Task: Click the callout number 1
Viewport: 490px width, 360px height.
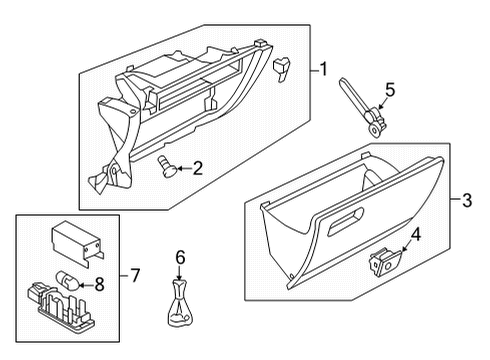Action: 323,69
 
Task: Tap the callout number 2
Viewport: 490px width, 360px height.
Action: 198,168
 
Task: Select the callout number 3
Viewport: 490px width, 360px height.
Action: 467,200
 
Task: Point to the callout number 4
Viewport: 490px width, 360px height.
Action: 416,234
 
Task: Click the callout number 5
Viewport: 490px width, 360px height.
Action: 390,90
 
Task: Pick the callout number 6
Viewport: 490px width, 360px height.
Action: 180,257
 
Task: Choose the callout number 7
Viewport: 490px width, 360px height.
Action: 135,276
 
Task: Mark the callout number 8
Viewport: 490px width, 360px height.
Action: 100,285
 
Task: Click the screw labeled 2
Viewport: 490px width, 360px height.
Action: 167,167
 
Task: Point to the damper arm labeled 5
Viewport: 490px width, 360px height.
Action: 363,107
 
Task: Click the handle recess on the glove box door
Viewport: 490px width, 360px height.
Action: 346,222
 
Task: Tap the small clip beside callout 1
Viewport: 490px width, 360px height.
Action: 281,68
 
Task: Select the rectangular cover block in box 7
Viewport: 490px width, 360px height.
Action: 77,242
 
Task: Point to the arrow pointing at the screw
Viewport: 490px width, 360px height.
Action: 184,168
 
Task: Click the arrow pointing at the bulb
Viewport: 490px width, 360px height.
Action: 86,285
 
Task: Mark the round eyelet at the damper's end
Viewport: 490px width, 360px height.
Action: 376,130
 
